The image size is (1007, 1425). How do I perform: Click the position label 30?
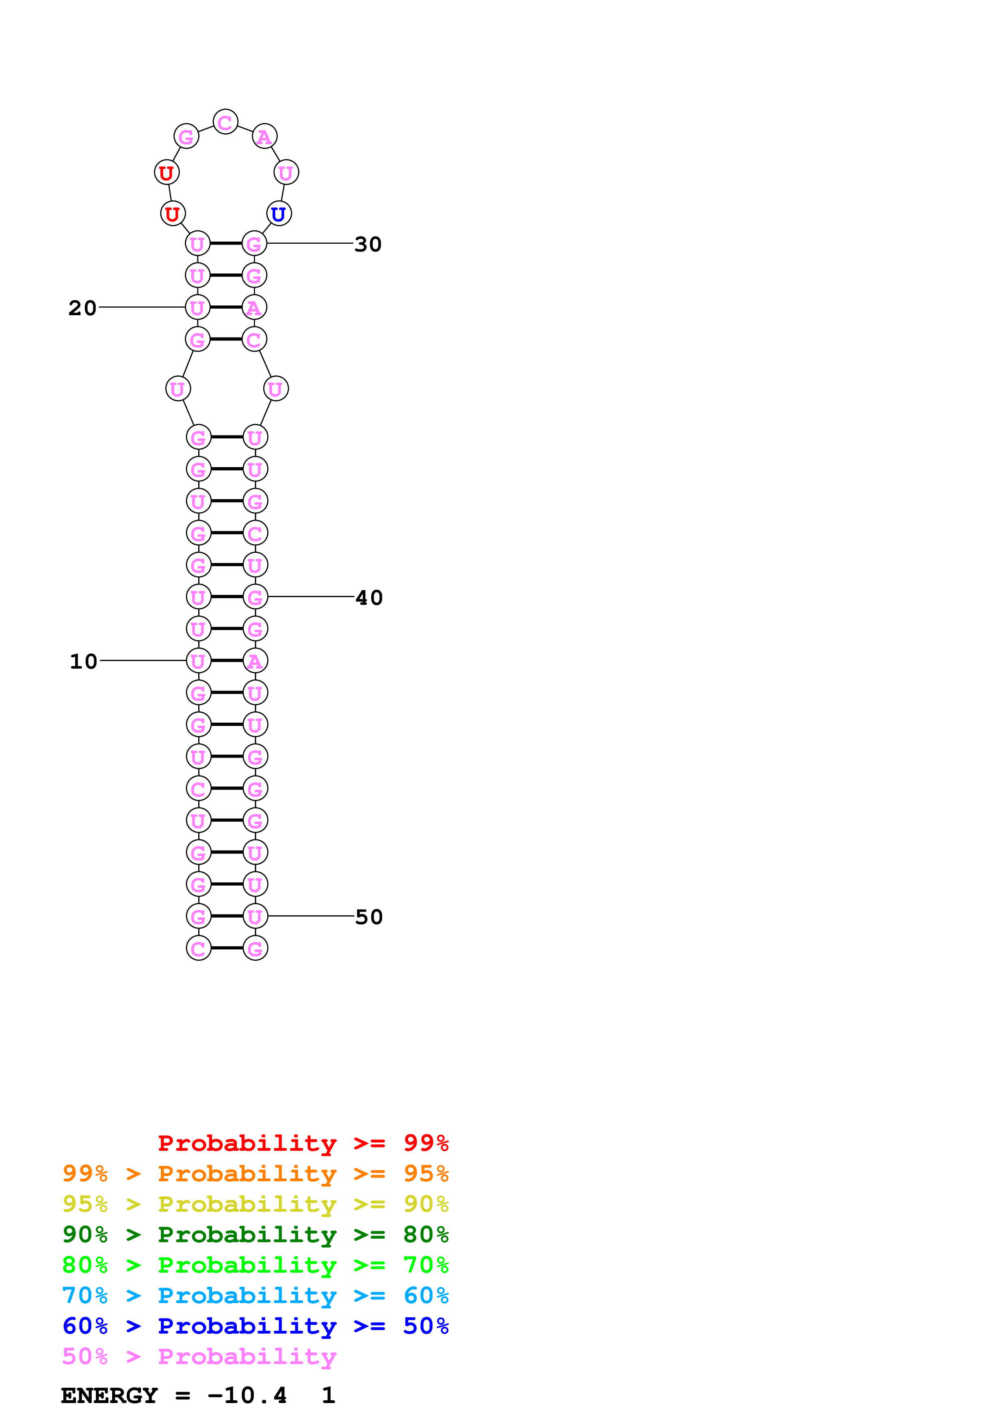tap(368, 245)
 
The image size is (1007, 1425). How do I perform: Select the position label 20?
tap(82, 308)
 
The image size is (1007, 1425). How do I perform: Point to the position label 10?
tap(83, 662)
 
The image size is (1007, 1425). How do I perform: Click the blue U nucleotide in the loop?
tap(279, 214)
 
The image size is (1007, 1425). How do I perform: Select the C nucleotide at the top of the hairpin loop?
tap(225, 122)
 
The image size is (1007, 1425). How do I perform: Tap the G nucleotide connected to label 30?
tap(254, 244)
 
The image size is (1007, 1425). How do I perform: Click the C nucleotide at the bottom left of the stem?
tap(199, 949)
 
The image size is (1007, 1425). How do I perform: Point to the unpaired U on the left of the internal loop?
tap(178, 389)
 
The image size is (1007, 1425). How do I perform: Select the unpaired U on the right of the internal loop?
tap(275, 389)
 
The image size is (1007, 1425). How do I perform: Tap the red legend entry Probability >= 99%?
tap(303, 1143)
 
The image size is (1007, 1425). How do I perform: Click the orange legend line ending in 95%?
tap(255, 1174)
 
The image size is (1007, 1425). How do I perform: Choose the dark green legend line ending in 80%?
tap(255, 1234)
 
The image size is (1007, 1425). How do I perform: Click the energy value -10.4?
tap(247, 1396)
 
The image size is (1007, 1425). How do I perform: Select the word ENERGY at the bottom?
tap(109, 1396)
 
